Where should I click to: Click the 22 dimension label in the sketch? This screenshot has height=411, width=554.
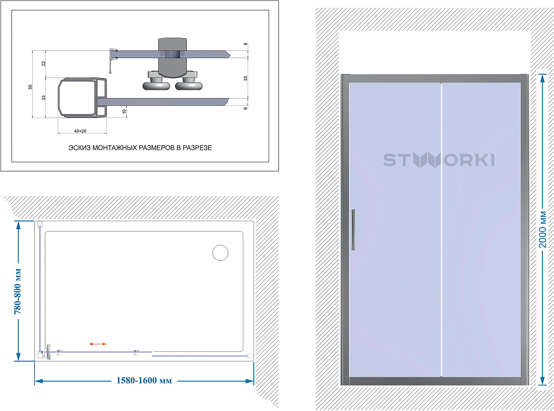click(x=43, y=64)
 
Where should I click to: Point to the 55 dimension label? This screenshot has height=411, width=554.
click(x=30, y=86)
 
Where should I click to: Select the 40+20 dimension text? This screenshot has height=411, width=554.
click(x=80, y=131)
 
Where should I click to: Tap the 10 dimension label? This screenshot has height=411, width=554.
click(x=124, y=111)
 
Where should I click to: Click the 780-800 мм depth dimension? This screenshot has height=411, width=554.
click(x=18, y=291)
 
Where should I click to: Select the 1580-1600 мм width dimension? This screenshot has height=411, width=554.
click(x=144, y=381)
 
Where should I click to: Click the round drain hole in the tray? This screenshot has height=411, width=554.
click(x=220, y=253)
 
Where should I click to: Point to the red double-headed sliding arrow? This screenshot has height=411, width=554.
click(x=98, y=344)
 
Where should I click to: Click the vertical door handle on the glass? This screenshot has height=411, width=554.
click(x=353, y=230)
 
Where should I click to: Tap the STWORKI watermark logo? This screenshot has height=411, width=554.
click(x=439, y=160)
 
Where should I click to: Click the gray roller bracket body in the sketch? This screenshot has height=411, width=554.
click(x=172, y=57)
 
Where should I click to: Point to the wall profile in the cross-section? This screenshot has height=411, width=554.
click(x=83, y=97)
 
